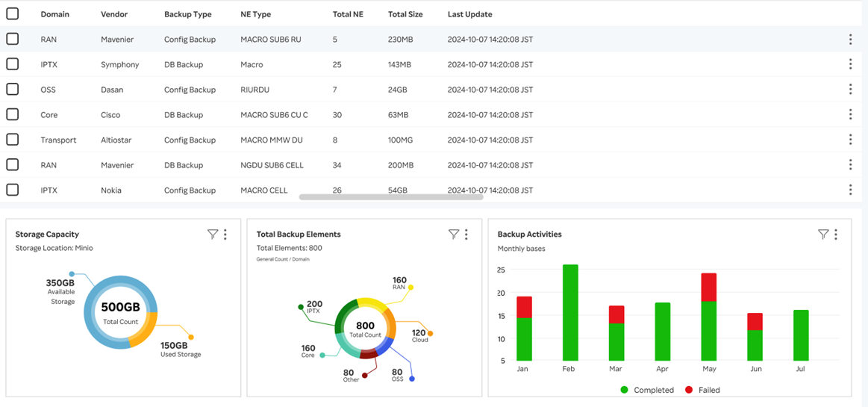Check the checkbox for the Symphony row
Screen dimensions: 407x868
(x=13, y=64)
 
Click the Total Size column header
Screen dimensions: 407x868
(x=405, y=14)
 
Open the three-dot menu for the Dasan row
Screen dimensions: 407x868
(x=850, y=90)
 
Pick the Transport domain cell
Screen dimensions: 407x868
(x=58, y=140)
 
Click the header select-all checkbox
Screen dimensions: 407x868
(x=13, y=13)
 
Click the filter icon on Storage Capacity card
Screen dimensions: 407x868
(x=213, y=234)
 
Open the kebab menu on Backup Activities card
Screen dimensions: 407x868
(x=836, y=234)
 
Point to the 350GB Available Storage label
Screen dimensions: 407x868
(x=60, y=292)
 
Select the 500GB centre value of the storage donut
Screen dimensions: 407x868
(x=121, y=307)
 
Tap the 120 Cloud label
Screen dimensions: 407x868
(x=419, y=335)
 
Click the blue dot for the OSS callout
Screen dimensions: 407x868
(x=412, y=379)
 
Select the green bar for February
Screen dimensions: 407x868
(x=570, y=314)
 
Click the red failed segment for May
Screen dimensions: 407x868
(x=709, y=288)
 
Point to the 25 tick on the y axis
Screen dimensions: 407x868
(x=501, y=270)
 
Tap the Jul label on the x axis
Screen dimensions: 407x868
(x=801, y=369)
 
